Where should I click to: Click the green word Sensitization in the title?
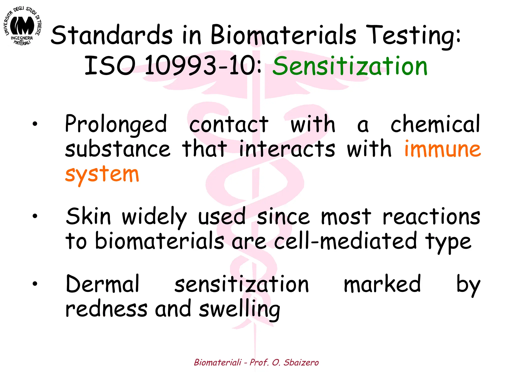(350, 66)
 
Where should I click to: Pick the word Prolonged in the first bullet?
(116, 124)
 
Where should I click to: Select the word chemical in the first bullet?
(435, 124)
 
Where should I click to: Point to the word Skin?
(88, 216)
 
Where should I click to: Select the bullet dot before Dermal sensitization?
(35, 283)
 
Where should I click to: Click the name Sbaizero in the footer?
(301, 362)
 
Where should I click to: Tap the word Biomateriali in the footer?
(218, 362)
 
